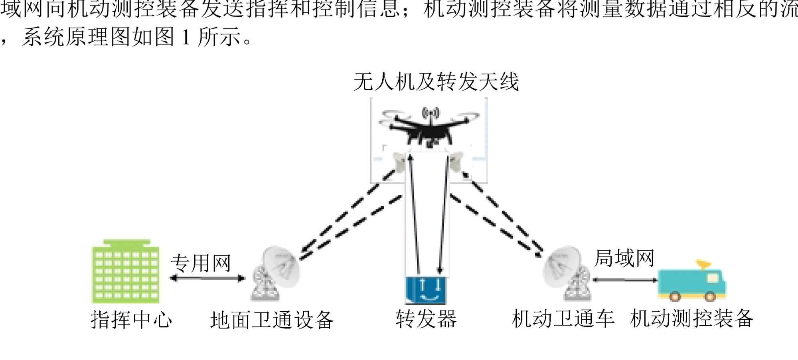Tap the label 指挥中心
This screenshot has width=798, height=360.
pyautogui.click(x=131, y=320)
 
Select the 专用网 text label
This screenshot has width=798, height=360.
pyautogui.click(x=201, y=263)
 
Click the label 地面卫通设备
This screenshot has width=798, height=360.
pyautogui.click(x=272, y=320)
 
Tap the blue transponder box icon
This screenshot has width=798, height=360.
pyautogui.click(x=425, y=290)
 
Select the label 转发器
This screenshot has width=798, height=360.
pyautogui.click(x=426, y=319)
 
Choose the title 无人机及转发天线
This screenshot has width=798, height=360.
pyautogui.click(x=436, y=82)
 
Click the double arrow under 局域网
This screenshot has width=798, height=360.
pyautogui.click(x=625, y=280)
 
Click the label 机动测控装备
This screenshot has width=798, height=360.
pyautogui.click(x=692, y=318)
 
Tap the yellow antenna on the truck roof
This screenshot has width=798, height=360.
pyautogui.click(x=704, y=265)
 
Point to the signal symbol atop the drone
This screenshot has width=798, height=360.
pyautogui.click(x=431, y=113)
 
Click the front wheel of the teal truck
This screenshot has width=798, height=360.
pyautogui.click(x=710, y=297)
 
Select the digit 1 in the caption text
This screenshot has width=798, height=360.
pyautogui.click(x=186, y=38)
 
